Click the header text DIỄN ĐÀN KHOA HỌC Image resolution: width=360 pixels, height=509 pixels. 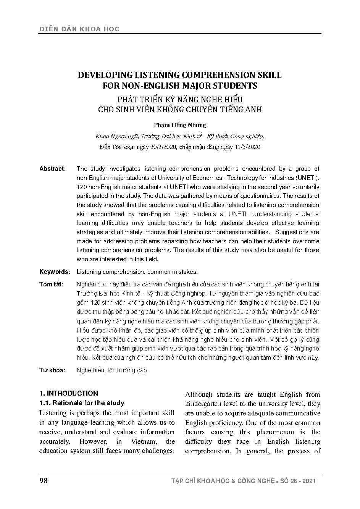pyautogui.click(x=79, y=29)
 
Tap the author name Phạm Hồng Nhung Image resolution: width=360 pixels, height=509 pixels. pyautogui.click(x=180, y=125)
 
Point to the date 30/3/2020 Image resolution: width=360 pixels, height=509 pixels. pyautogui.click(x=163, y=147)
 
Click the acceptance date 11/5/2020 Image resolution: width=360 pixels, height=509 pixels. pyautogui.click(x=248, y=147)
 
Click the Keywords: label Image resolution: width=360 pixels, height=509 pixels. pyautogui.click(x=55, y=272)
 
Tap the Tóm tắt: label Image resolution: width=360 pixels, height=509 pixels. pyautogui.click(x=52, y=284)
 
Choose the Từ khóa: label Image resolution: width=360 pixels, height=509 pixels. pyautogui.click(x=52, y=370)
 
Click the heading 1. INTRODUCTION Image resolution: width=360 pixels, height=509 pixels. pyautogui.click(x=69, y=393)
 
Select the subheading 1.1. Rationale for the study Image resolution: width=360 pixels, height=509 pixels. pyautogui.click(x=82, y=403)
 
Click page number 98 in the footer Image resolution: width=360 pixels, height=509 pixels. pyautogui.click(x=44, y=481)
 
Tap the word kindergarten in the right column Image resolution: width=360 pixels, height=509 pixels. pyautogui.click(x=204, y=404)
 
